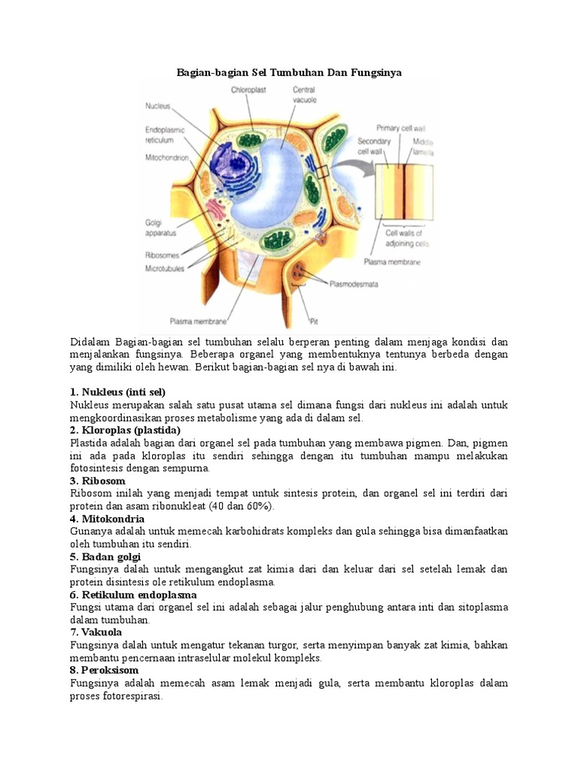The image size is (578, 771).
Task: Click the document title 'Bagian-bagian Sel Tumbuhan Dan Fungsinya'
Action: pyautogui.click(x=289, y=72)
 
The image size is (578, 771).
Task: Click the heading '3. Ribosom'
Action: pyautogui.click(x=98, y=480)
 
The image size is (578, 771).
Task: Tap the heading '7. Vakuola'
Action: pyautogui.click(x=99, y=632)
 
